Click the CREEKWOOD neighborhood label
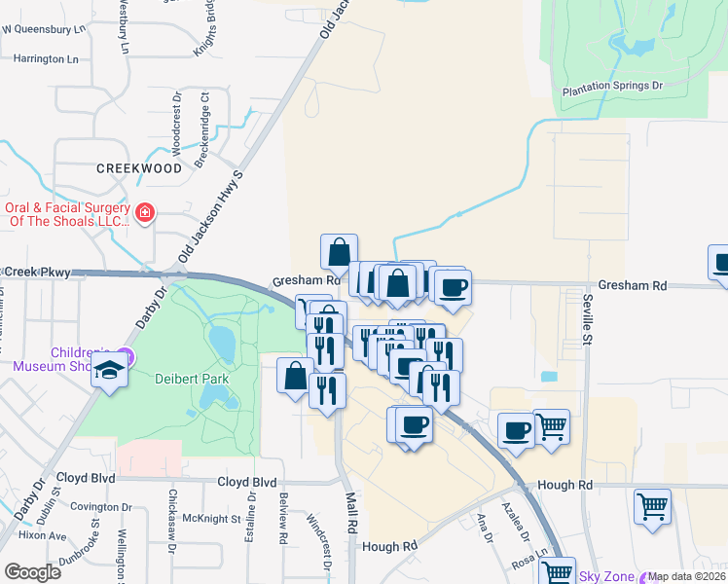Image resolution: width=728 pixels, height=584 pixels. tap(139, 168)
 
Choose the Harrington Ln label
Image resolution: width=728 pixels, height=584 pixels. tap(45, 59)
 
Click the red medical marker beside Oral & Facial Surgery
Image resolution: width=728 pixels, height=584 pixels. tap(145, 212)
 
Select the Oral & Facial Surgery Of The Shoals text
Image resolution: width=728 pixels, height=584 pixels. tap(67, 214)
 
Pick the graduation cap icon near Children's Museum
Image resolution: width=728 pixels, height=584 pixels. tap(110, 372)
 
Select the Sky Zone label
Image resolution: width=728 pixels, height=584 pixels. tap(606, 576)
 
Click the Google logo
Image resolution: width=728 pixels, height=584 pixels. tap(32, 572)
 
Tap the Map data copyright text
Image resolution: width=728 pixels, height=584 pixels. tap(687, 577)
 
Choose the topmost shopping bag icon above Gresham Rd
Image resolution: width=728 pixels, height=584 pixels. tap(339, 252)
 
